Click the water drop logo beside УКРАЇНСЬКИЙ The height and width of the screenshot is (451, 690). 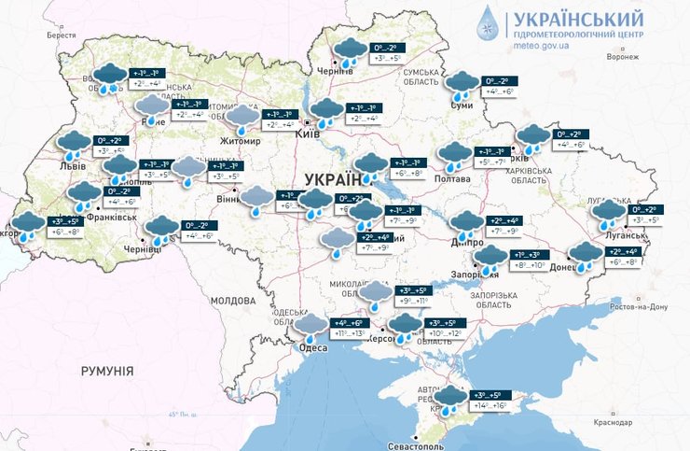[x=490, y=24]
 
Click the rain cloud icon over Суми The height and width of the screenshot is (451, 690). [x=461, y=85]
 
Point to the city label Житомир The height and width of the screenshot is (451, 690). [x=241, y=141]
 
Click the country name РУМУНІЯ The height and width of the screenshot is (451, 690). [x=107, y=371]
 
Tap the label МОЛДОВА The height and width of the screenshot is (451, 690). [x=232, y=301]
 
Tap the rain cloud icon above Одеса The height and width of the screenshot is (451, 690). [x=310, y=327]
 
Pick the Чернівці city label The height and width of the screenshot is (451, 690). [x=143, y=250]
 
